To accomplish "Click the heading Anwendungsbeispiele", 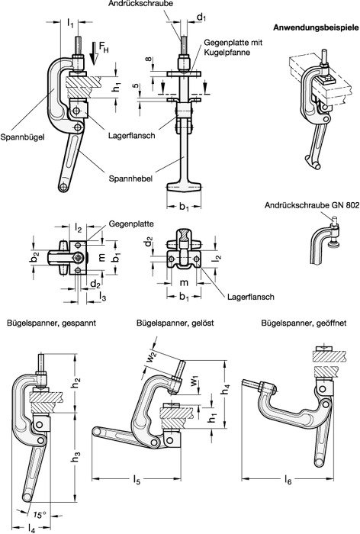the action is tap(316, 28).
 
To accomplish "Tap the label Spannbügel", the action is tap(22, 137).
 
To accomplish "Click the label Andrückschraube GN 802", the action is tap(312, 205).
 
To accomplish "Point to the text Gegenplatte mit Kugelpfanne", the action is tap(233, 47).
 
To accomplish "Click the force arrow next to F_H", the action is tap(95, 53).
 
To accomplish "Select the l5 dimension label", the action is tap(137, 480).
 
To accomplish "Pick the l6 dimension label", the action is tap(288, 480).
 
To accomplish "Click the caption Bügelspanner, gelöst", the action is tap(175, 323).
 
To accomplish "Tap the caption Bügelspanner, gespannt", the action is tap(51, 323).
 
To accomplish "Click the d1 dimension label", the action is tap(202, 18).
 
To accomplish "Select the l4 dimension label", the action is tap(32, 528).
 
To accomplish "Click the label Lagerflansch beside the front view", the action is tap(131, 136).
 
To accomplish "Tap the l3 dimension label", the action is tap(102, 297).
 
